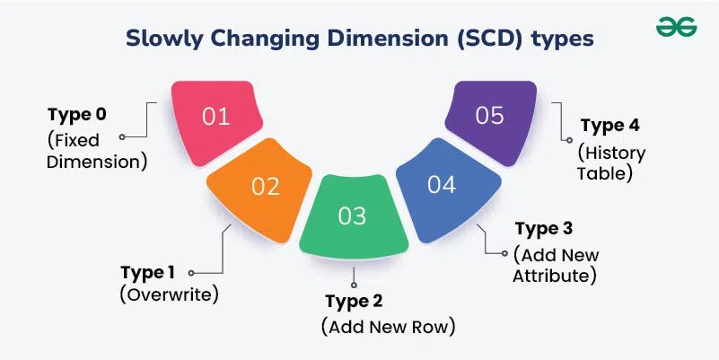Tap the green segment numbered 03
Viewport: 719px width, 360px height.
coord(353,215)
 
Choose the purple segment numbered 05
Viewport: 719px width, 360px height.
coord(489,117)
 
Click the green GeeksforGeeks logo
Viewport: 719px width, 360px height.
coord(676,27)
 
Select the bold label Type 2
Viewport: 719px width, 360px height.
coord(357,300)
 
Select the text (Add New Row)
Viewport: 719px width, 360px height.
coord(388,326)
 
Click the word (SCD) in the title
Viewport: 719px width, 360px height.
coord(497,39)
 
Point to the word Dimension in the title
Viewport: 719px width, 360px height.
coord(383,39)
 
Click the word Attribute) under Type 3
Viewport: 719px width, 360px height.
coord(554,276)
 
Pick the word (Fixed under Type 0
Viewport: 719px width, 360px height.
coord(75,141)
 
